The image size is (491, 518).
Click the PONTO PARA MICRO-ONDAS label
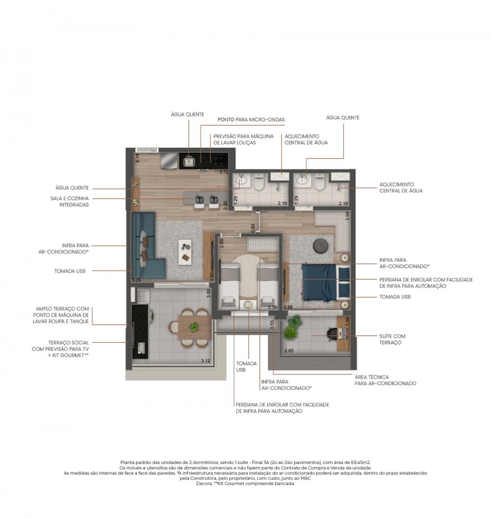click(x=251, y=120)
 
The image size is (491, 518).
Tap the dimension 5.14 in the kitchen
click(x=137, y=158)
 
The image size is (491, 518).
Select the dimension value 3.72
click(x=224, y=172)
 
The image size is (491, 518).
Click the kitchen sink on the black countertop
click(x=189, y=161)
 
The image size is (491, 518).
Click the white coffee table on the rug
click(x=185, y=252)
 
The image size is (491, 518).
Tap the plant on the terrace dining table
click(x=194, y=327)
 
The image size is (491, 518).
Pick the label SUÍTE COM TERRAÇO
click(x=392, y=339)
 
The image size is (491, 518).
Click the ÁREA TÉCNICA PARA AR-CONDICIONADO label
click(x=385, y=380)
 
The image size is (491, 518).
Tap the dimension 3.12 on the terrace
click(x=206, y=361)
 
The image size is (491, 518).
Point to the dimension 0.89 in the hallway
click(x=253, y=228)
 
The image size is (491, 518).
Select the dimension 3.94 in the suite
click(x=347, y=216)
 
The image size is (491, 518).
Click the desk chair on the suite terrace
click(x=331, y=334)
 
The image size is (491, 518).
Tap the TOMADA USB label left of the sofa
click(x=70, y=271)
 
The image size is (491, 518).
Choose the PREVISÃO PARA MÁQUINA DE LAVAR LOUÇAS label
click(x=243, y=139)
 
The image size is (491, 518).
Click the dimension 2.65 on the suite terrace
click(x=289, y=351)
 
